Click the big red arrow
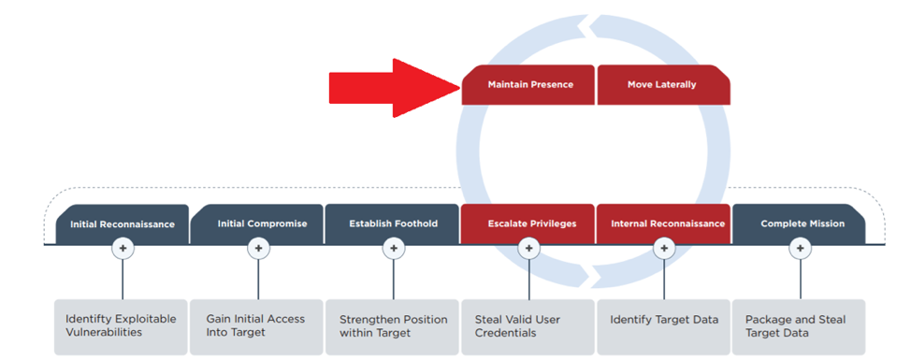point(395,88)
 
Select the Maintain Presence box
point(528,85)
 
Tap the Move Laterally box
point(663,85)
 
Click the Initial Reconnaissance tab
point(122,224)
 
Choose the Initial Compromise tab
point(257,224)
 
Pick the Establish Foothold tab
point(393,224)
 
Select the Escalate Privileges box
point(528,224)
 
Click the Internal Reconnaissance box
point(663,224)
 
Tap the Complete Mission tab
point(799,224)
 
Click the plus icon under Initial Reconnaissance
point(123,249)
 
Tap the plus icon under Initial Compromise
point(258,249)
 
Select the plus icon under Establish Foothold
point(394,249)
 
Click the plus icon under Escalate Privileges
point(528,249)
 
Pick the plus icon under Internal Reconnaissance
point(664,249)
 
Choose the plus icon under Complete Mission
point(800,249)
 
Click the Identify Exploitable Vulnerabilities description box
point(121,327)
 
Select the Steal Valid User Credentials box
point(528,327)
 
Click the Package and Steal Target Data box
point(799,327)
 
